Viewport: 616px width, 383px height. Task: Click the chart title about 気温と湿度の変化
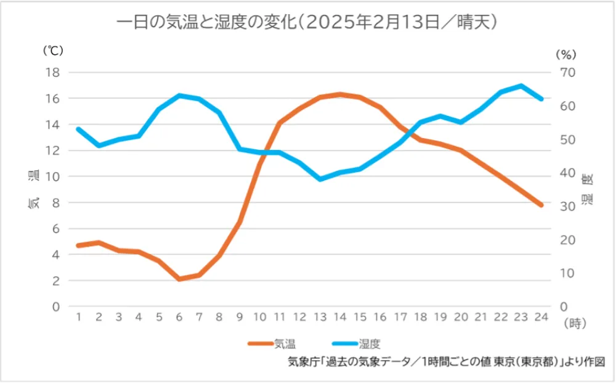(x=307, y=22)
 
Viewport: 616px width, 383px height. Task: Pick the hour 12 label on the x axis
(x=300, y=317)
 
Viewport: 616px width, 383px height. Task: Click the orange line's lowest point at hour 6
(x=179, y=279)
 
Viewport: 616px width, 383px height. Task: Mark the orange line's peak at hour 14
(x=340, y=94)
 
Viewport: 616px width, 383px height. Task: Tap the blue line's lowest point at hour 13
(x=320, y=179)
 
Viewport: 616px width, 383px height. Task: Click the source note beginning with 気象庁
(x=447, y=362)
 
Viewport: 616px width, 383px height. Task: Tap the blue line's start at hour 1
(x=78, y=129)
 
